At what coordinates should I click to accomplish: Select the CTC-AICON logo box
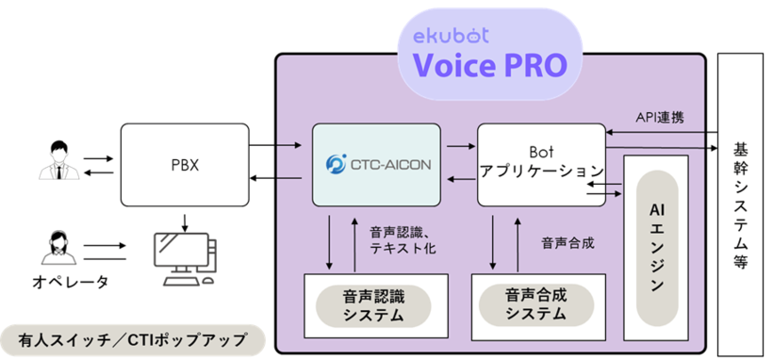click(x=376, y=164)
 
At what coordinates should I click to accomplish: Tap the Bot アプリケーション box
click(x=540, y=163)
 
